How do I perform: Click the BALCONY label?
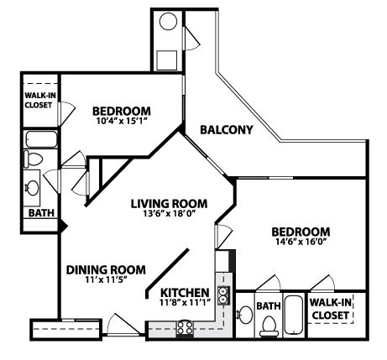(227, 130)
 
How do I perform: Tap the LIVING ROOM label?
(170, 204)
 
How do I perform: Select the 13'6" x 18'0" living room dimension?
(170, 214)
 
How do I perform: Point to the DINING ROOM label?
(106, 270)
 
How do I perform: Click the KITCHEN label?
(185, 293)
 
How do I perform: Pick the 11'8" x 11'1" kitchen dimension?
(185, 302)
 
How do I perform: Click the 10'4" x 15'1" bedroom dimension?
(122, 121)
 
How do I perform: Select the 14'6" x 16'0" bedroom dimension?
(301, 242)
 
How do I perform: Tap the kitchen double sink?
(223, 295)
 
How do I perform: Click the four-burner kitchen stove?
(185, 328)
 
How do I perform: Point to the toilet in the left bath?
(33, 159)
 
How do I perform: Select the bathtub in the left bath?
(41, 139)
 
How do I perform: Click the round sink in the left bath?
(32, 187)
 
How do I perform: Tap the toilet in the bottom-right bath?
(269, 326)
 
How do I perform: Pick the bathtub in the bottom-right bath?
(294, 315)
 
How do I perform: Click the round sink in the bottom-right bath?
(245, 315)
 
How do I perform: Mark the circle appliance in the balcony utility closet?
(168, 22)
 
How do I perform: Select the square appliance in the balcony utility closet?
(166, 60)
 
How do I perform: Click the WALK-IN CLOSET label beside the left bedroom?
(40, 100)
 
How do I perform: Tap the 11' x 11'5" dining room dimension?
(106, 279)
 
